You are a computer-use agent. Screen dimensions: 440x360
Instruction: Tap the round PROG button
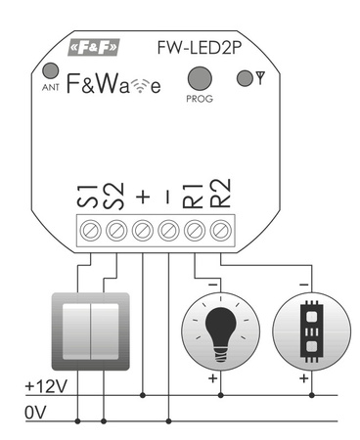[200, 78]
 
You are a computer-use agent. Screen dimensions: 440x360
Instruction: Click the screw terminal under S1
[92, 230]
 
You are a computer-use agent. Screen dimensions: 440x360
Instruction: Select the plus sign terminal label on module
[143, 197]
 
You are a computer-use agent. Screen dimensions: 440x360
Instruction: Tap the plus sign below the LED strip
[304, 377]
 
